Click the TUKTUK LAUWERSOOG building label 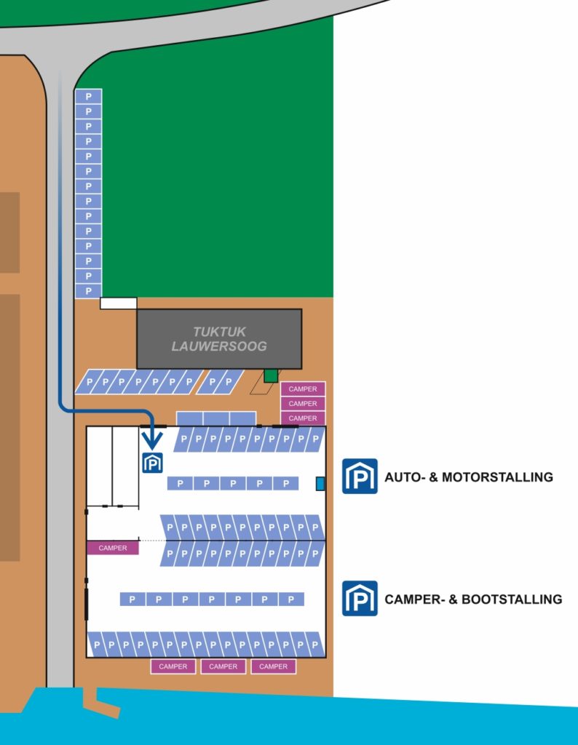click(x=219, y=339)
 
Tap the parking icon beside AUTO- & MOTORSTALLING click(x=360, y=477)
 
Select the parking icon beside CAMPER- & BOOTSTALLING click(x=360, y=598)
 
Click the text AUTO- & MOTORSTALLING click(x=469, y=477)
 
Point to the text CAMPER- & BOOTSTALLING click(x=473, y=599)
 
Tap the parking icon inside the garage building click(x=153, y=463)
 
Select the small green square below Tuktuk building click(x=271, y=375)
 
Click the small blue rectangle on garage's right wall click(x=320, y=484)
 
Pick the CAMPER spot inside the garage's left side click(x=113, y=548)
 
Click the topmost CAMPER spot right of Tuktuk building click(x=303, y=389)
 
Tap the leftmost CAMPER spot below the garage click(x=173, y=666)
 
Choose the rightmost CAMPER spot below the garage click(x=274, y=666)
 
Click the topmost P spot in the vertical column click(x=88, y=96)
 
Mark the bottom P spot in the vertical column click(x=88, y=290)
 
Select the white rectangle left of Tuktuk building click(x=118, y=303)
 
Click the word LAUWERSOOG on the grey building click(x=219, y=346)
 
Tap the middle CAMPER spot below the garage click(x=223, y=666)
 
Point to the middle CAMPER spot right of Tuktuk click(x=303, y=404)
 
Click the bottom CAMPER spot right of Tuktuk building click(x=303, y=418)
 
